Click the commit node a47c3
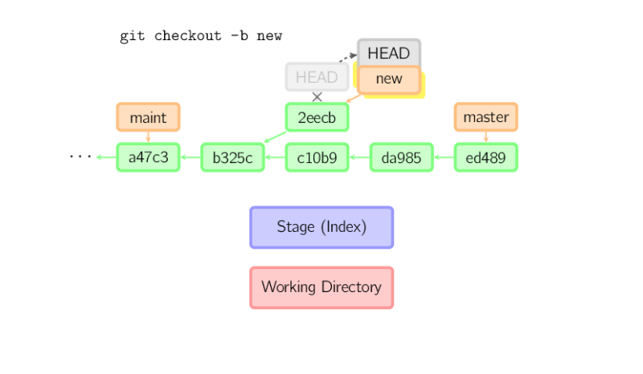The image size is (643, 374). (149, 157)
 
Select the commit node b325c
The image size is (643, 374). (233, 157)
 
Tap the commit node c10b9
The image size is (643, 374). (317, 157)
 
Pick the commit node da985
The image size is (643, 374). (402, 157)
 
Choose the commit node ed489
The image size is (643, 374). (486, 157)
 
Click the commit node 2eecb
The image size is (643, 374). (317, 117)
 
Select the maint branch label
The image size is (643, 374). (149, 117)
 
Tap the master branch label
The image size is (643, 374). (486, 117)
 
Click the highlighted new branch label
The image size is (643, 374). (389, 79)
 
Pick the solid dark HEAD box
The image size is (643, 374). (389, 53)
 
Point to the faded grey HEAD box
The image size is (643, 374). (317, 77)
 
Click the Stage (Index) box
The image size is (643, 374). (321, 227)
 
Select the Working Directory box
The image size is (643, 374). (321, 287)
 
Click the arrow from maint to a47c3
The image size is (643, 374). (149, 137)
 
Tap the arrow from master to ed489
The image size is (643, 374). (486, 137)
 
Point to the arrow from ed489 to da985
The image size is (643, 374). (444, 157)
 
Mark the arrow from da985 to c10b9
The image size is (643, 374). (360, 157)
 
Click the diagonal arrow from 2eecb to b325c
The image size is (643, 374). (274, 138)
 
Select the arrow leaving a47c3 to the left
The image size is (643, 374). (105, 157)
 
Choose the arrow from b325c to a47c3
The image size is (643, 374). (190, 157)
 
